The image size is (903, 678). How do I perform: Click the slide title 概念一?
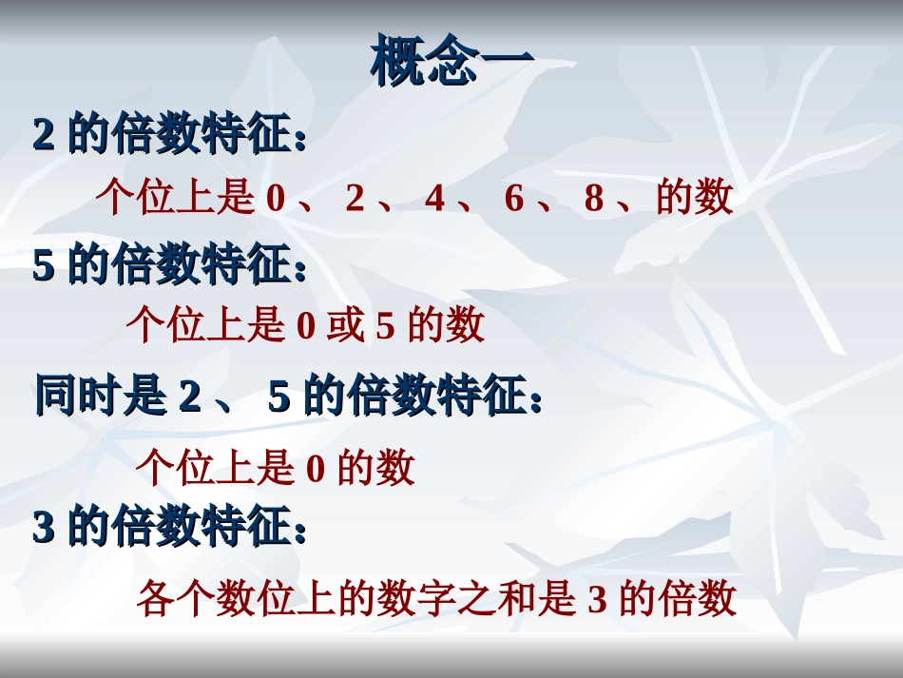tap(452, 63)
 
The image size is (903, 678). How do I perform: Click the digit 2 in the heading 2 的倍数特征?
tap(43, 136)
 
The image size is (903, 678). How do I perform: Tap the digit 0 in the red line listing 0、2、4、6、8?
tap(276, 199)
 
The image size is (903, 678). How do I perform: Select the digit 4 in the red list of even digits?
tap(434, 199)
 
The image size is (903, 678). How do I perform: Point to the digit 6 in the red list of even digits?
tap(514, 199)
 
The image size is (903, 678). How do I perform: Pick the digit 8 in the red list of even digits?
tap(594, 199)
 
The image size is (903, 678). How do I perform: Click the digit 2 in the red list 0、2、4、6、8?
tap(355, 199)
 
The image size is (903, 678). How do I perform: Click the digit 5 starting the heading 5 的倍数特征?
tap(43, 265)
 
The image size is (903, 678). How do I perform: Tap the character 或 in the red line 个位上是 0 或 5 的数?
tap(345, 326)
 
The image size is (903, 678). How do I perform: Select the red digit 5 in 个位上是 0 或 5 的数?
tap(385, 326)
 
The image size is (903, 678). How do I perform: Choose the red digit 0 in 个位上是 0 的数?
tap(316, 469)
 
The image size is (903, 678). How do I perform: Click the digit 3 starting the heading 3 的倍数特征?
tap(43, 528)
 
